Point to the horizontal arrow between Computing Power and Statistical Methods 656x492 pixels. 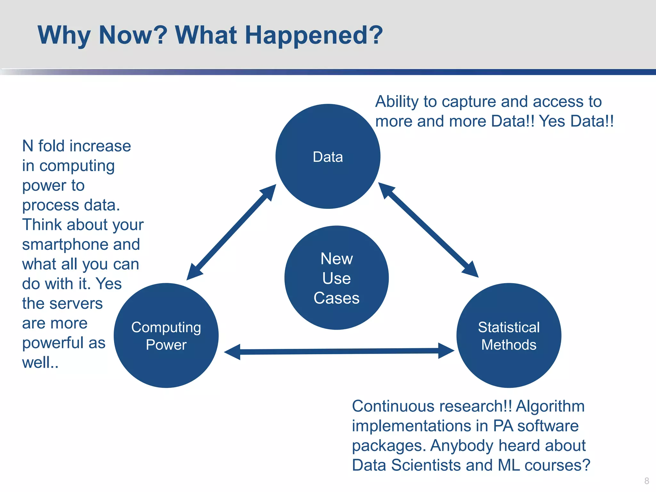[339, 351]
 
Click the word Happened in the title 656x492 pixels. [314, 35]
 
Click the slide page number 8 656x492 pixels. [646, 481]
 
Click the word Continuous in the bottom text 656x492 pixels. [395, 406]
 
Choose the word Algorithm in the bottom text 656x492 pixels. [550, 406]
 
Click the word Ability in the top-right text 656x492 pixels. [397, 102]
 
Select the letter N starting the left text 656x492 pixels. [28, 146]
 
